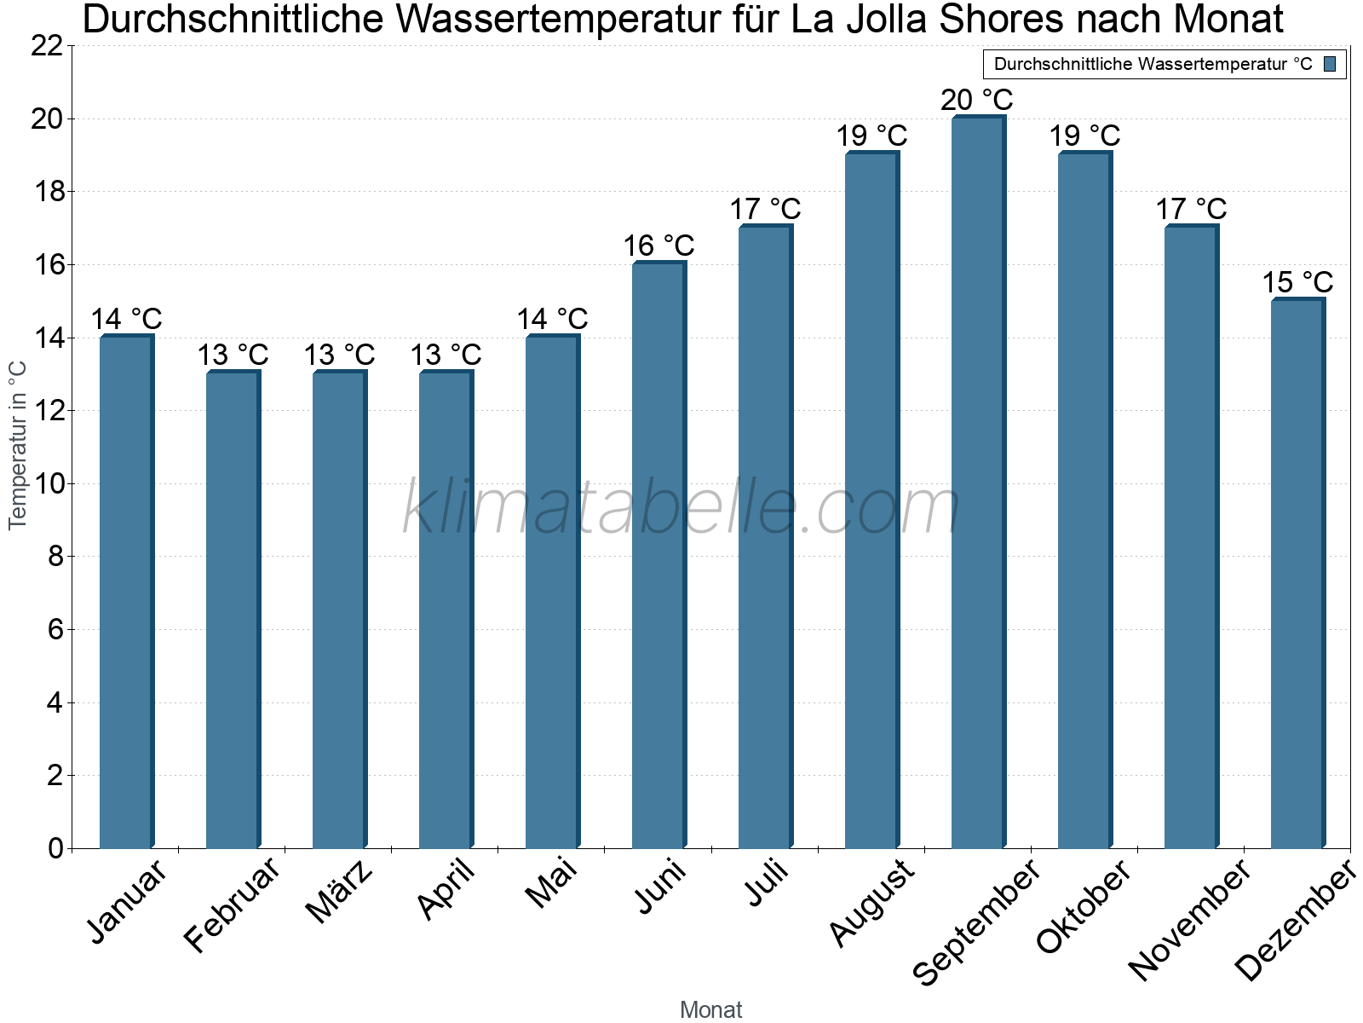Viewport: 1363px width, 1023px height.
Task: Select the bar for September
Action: point(978,482)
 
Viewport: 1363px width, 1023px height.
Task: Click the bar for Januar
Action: point(126,592)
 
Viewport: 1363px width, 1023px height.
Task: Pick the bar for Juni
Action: point(658,554)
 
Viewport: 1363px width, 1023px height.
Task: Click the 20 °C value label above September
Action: point(977,100)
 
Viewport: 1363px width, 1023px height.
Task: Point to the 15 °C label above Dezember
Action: point(1297,282)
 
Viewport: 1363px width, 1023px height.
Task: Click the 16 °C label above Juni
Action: point(658,246)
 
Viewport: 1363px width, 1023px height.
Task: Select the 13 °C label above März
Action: point(339,355)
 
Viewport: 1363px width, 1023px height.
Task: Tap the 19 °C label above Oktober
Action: point(1084,136)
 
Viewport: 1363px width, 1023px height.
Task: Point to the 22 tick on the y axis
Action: point(47,46)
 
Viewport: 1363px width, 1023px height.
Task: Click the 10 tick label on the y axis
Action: point(47,484)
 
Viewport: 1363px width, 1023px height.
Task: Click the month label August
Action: point(871,904)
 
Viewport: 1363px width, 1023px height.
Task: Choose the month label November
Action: point(1190,921)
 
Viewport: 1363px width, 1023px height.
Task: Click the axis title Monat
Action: point(711,1010)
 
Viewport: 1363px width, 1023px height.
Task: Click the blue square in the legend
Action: point(1331,64)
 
